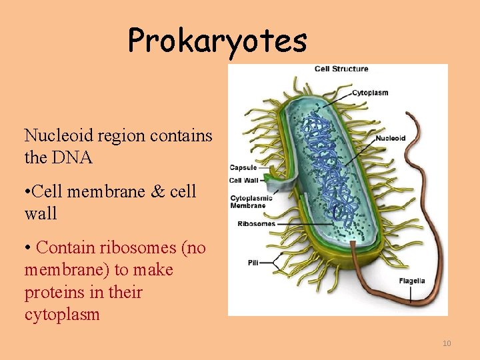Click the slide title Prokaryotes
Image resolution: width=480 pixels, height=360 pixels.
click(x=217, y=40)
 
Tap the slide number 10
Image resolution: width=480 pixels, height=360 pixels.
click(x=446, y=343)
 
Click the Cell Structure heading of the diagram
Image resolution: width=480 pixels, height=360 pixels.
click(x=341, y=69)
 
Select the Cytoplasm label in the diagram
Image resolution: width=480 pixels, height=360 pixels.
click(x=370, y=93)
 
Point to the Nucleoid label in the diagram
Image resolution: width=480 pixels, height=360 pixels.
click(x=391, y=139)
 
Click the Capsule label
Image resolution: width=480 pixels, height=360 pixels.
click(x=243, y=167)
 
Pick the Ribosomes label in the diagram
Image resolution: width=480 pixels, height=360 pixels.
click(x=256, y=224)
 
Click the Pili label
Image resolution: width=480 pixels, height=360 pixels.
click(x=253, y=263)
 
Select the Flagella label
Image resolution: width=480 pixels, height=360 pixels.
click(x=412, y=281)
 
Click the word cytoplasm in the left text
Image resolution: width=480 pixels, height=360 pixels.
click(x=62, y=315)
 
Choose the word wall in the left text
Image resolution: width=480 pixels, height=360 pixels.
click(x=40, y=214)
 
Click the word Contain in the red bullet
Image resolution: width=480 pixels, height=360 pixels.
click(x=66, y=248)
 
